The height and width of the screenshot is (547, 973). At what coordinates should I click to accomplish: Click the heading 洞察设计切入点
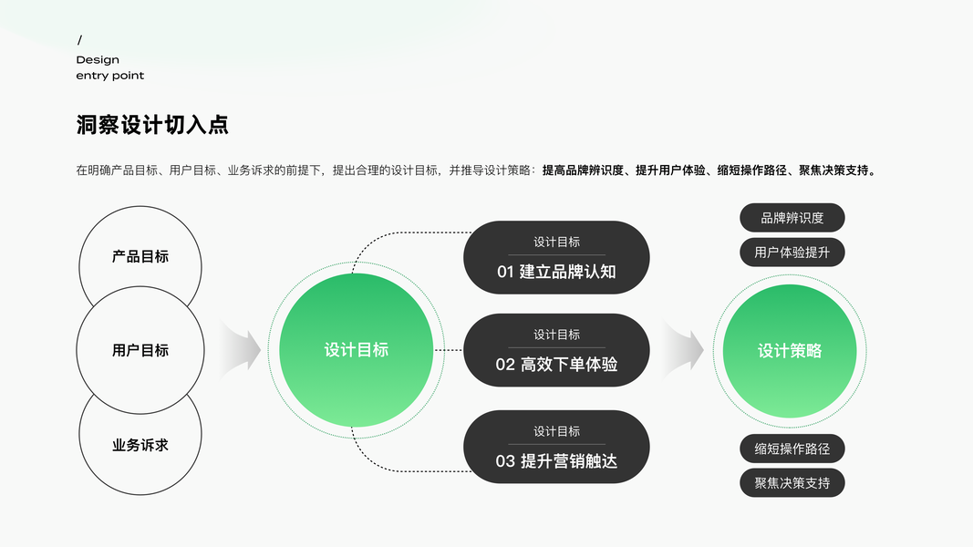[x=152, y=126]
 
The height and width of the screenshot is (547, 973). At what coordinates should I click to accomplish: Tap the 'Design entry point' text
[x=110, y=68]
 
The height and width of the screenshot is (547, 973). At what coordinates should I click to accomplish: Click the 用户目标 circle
[x=140, y=350]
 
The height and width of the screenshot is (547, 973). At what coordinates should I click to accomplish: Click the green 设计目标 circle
[x=356, y=350]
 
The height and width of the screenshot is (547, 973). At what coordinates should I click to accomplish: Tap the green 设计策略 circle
[x=790, y=351]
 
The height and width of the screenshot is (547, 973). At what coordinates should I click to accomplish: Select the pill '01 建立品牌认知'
[x=556, y=258]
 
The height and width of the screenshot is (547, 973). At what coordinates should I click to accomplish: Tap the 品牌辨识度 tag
[x=792, y=218]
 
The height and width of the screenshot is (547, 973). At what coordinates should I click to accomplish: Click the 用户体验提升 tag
[x=792, y=253]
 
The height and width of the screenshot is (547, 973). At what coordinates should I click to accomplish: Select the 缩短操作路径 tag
[x=792, y=449]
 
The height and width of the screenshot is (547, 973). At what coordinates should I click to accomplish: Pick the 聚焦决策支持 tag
[x=792, y=483]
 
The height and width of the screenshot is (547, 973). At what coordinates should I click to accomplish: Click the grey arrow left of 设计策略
[x=684, y=349]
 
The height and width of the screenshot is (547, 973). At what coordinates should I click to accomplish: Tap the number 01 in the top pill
[x=505, y=272]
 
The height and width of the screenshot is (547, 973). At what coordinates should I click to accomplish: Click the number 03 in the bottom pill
[x=505, y=461]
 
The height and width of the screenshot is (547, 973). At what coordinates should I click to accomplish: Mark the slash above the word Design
[x=79, y=40]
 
